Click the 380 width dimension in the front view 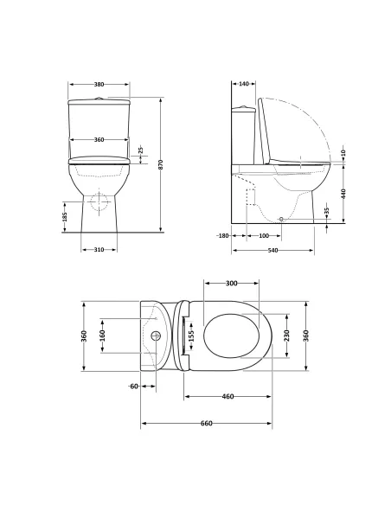99,85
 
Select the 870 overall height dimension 161,164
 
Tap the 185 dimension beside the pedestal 66,216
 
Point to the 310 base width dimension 99,250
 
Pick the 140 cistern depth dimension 242,85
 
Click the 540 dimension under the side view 272,250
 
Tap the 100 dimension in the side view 264,235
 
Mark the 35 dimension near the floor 327,211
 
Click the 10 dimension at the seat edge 343,153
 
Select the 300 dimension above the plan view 232,284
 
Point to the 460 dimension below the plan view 228,396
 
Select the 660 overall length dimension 207,423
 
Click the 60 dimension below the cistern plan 133,386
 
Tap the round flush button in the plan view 157,335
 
